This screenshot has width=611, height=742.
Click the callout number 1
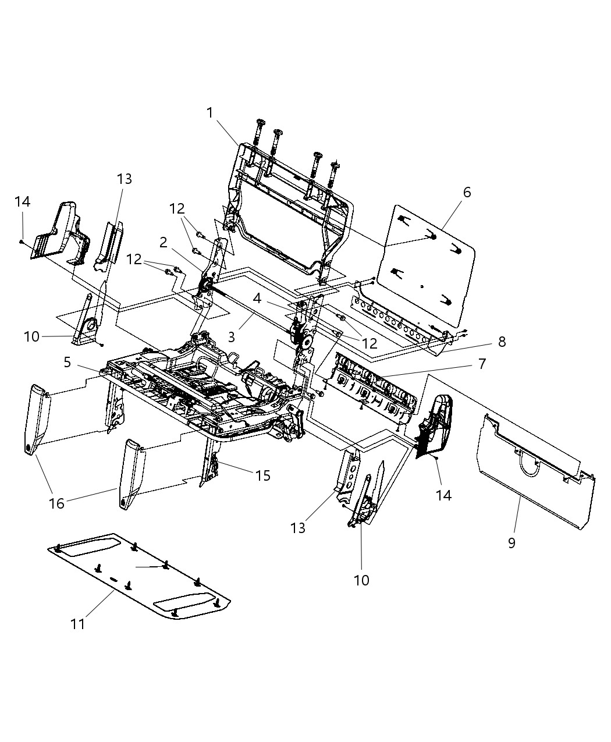pyautogui.click(x=210, y=112)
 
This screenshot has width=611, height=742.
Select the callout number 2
pyautogui.click(x=164, y=242)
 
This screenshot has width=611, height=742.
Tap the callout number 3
pyautogui.click(x=231, y=336)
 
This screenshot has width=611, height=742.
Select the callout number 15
pyautogui.click(x=263, y=475)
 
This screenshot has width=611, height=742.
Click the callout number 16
pyautogui.click(x=56, y=503)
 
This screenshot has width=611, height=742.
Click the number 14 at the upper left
pyautogui.click(x=23, y=201)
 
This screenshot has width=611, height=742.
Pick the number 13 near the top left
pyautogui.click(x=125, y=179)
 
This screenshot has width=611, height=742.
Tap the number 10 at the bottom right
pyautogui.click(x=361, y=580)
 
